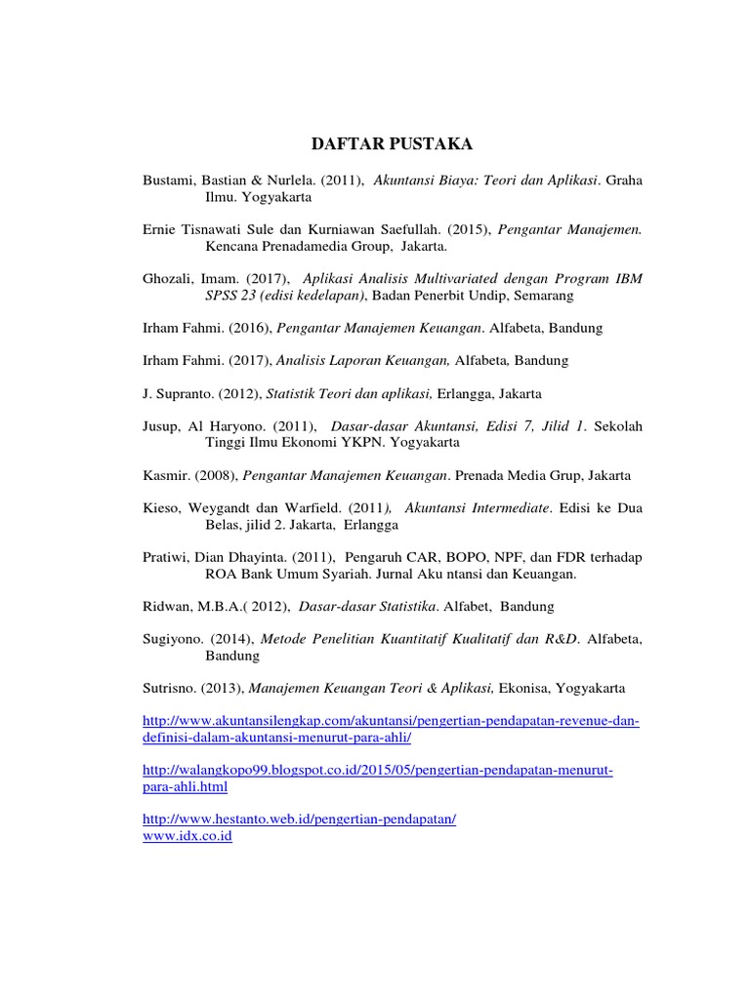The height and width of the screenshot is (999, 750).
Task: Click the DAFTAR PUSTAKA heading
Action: (x=391, y=144)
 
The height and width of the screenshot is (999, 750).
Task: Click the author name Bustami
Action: (x=168, y=180)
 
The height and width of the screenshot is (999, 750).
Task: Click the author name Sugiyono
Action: (x=173, y=639)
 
